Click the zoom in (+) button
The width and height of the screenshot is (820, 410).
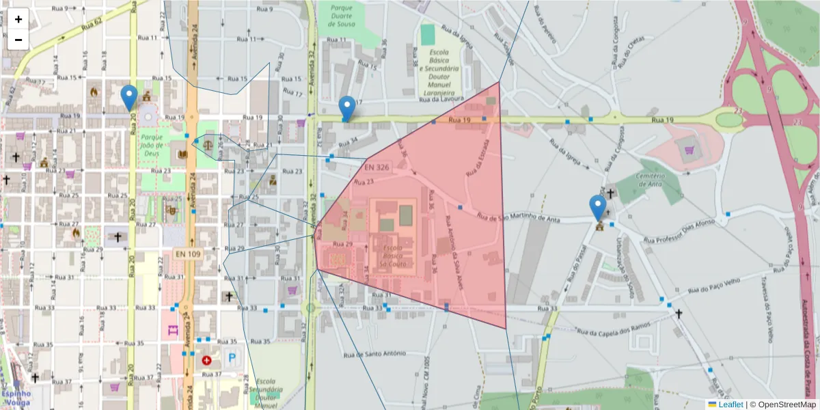18,19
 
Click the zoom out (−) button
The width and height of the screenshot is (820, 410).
18,40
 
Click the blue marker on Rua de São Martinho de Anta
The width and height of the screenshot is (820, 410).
598,208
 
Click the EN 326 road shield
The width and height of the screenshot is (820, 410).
378,167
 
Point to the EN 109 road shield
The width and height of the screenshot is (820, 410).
189,254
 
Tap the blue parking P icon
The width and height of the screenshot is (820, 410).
232,357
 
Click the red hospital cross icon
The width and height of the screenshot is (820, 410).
206,359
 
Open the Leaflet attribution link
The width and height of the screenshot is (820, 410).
730,405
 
